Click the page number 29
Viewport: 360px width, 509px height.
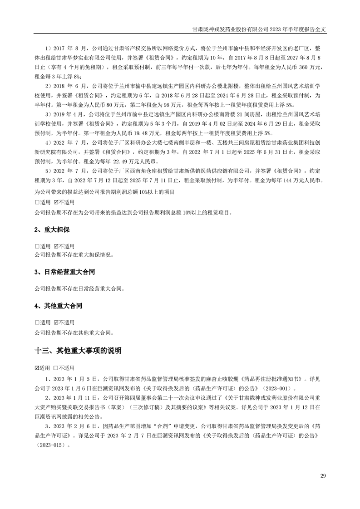(x=323, y=475)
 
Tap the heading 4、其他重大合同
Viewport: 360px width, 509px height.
(x=58, y=306)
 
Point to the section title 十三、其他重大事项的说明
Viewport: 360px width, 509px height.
(x=78, y=351)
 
